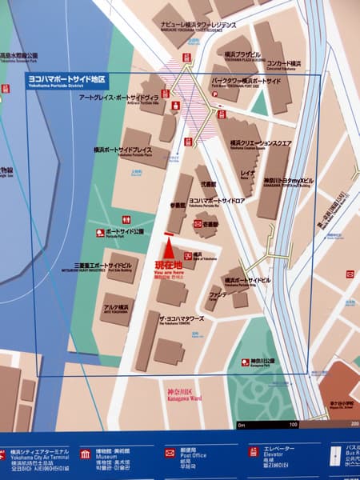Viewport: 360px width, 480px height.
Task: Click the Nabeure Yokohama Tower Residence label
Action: pyautogui.click(x=196, y=26)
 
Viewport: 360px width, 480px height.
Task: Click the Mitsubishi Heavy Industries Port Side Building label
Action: pyautogui.click(x=103, y=266)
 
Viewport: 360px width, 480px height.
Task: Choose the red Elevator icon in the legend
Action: pyautogui.click(x=254, y=453)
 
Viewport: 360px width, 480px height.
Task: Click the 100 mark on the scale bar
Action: pyautogui.click(x=293, y=423)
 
